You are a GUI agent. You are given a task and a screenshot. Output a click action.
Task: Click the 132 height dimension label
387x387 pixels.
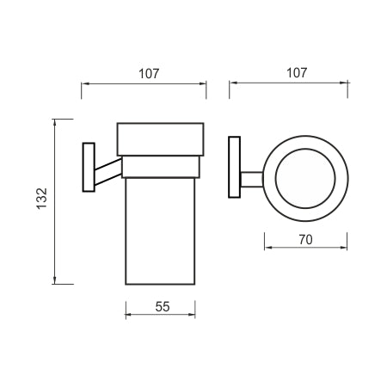(x=42, y=199)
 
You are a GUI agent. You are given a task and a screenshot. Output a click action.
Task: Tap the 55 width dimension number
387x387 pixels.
(x=163, y=307)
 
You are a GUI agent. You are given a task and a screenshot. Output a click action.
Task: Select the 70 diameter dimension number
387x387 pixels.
(x=305, y=240)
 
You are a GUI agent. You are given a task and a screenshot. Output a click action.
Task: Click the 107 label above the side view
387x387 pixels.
(x=149, y=74)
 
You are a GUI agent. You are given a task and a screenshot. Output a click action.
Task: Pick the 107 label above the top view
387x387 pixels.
(x=297, y=73)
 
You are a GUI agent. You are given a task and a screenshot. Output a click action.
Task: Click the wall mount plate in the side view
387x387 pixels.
(x=89, y=167)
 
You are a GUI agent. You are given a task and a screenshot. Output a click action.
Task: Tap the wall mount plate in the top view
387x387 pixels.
(x=235, y=167)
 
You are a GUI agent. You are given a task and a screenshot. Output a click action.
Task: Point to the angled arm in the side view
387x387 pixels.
(x=108, y=172)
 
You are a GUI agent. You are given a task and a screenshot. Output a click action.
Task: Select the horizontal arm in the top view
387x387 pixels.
(x=252, y=180)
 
